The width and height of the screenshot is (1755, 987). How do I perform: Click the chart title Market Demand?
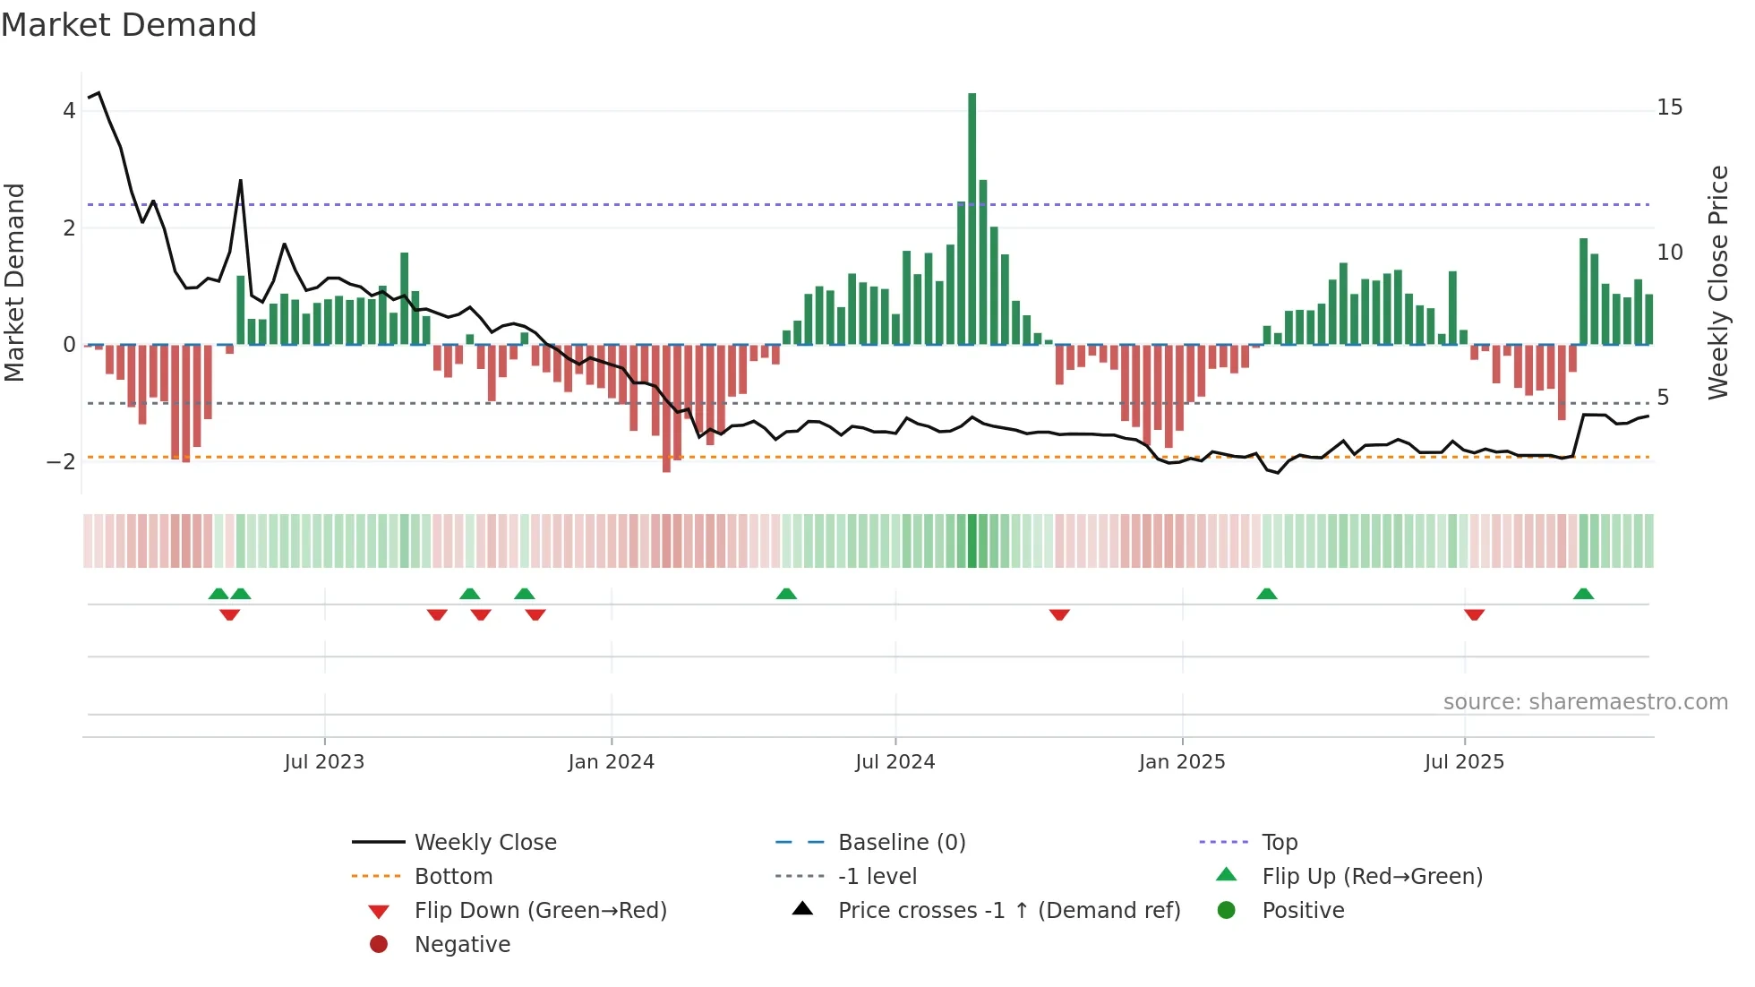[129, 25]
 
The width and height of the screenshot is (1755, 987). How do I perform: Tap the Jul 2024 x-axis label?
[895, 762]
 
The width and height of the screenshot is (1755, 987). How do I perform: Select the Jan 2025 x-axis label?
[1181, 762]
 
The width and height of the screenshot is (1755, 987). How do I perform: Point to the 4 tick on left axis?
[69, 111]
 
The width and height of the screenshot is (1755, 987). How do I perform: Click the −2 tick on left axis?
[61, 462]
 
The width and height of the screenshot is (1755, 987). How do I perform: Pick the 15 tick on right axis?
[1669, 107]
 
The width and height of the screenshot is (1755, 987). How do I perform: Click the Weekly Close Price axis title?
[1717, 282]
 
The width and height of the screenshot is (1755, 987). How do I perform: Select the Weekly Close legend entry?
[484, 843]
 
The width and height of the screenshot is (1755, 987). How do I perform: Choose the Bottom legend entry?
[453, 877]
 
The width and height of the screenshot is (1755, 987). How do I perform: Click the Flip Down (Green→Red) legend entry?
[540, 911]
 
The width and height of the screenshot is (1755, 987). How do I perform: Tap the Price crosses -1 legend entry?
[1008, 911]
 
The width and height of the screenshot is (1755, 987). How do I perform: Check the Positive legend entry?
[1302, 911]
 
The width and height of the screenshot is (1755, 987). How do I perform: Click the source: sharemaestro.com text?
[1585, 702]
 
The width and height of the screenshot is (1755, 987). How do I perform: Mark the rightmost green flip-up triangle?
[1583, 594]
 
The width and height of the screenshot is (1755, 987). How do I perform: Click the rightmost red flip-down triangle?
[1474, 614]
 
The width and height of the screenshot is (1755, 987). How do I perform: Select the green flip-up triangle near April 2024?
[786, 594]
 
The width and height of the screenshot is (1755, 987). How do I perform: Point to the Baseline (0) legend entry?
[901, 843]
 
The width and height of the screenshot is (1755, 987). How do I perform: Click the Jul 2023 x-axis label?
[324, 762]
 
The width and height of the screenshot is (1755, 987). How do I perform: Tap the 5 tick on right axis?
[1663, 398]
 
